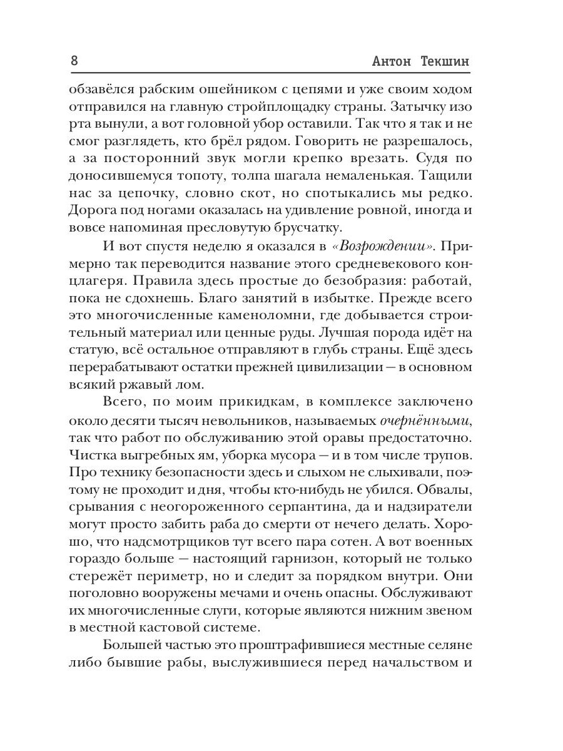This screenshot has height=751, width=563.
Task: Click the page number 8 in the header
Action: [x=74, y=62]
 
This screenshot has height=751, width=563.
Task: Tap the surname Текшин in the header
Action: [x=444, y=63]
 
